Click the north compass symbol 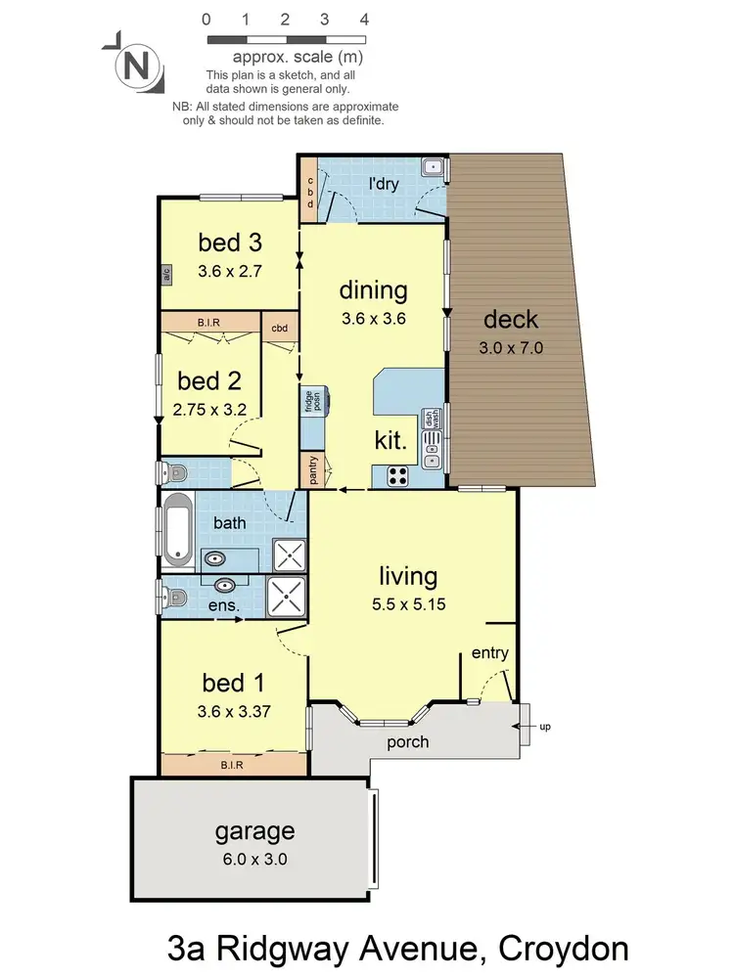pyautogui.click(x=138, y=67)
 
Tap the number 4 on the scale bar pyautogui.click(x=364, y=19)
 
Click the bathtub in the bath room pyautogui.click(x=177, y=530)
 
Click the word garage pyautogui.click(x=254, y=832)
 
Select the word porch pyautogui.click(x=407, y=741)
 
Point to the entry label pyautogui.click(x=489, y=653)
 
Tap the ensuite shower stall pyautogui.click(x=288, y=595)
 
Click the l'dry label pyautogui.click(x=383, y=183)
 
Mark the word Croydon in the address pyautogui.click(x=564, y=949)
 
